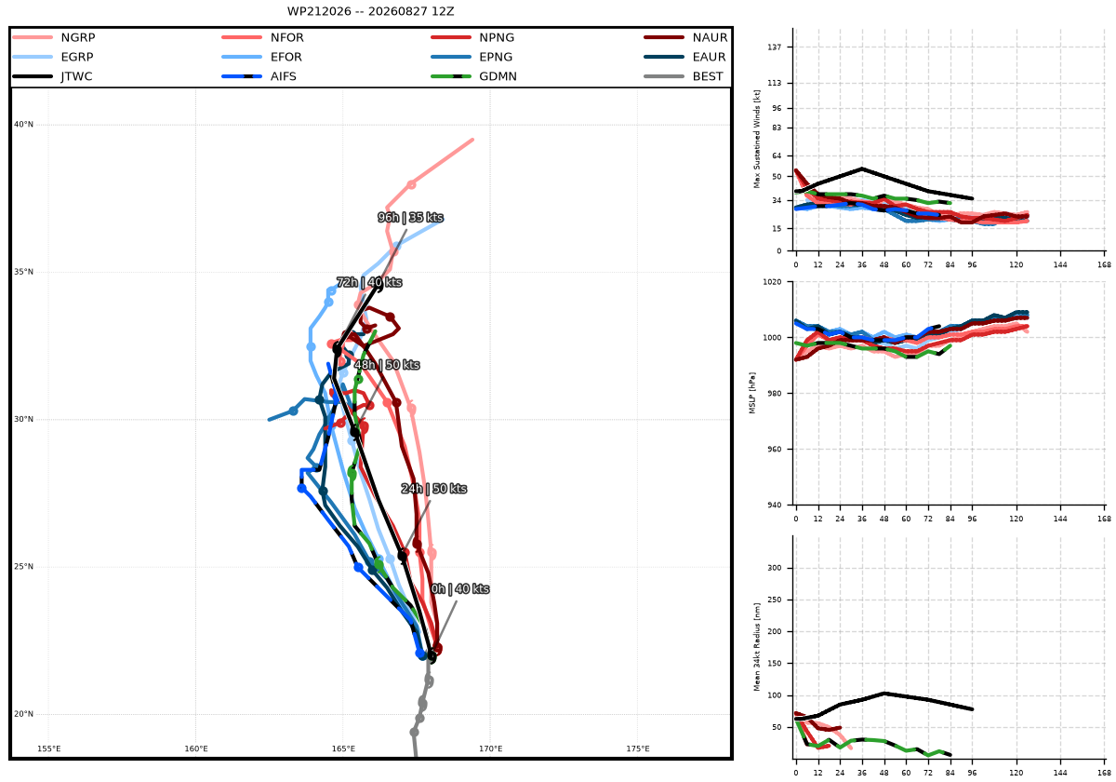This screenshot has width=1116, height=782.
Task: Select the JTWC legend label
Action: (76, 76)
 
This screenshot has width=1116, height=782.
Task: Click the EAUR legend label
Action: (709, 57)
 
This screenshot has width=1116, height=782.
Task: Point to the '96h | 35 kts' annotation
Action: (410, 218)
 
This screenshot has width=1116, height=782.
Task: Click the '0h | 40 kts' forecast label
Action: (459, 589)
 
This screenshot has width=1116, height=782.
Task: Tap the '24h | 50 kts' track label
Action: (434, 488)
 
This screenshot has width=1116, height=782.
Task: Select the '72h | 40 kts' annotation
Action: (369, 282)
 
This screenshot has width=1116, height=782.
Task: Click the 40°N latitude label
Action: (23, 124)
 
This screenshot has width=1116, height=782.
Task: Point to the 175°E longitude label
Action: (638, 748)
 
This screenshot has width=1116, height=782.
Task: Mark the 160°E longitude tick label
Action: (196, 748)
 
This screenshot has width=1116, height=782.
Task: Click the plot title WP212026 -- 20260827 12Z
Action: (371, 11)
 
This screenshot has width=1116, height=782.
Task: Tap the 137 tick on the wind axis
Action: (776, 47)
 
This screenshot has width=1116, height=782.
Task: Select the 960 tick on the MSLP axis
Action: (774, 449)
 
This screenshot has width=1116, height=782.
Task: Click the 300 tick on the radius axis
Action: (776, 568)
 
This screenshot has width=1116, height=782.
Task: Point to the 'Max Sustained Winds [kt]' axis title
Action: (757, 139)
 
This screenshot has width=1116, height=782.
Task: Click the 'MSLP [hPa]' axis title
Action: (752, 393)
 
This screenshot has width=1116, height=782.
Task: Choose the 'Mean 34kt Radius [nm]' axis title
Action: (757, 647)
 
